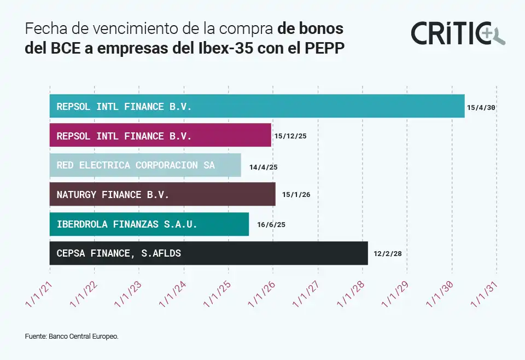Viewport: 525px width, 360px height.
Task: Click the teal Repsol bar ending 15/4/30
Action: pos(257,106)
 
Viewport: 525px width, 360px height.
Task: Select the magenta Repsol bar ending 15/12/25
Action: pos(160,135)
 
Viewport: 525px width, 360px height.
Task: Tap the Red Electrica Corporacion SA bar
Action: pos(145,165)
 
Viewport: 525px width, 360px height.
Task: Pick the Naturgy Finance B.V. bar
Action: pos(162,194)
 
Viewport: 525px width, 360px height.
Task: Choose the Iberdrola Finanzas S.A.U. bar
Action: pos(149,224)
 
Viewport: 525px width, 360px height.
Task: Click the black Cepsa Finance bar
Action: pos(208,253)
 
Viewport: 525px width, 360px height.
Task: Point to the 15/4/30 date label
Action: pos(481,108)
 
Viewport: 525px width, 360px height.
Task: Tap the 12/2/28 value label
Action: pos(388,254)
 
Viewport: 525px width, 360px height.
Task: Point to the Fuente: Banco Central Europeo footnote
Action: pos(71,336)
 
